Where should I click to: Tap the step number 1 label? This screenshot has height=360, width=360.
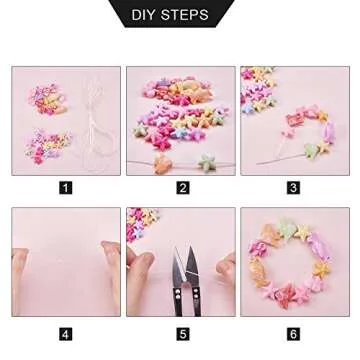click(x=66, y=187)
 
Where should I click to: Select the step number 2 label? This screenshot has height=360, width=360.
click(x=182, y=187)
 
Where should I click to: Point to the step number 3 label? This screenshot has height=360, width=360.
click(x=293, y=187)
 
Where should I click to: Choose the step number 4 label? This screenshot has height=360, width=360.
click(x=66, y=333)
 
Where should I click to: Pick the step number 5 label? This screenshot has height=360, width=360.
click(x=182, y=333)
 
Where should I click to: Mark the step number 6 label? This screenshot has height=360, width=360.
click(x=293, y=333)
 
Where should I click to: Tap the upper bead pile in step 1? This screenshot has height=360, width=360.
click(x=45, y=97)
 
